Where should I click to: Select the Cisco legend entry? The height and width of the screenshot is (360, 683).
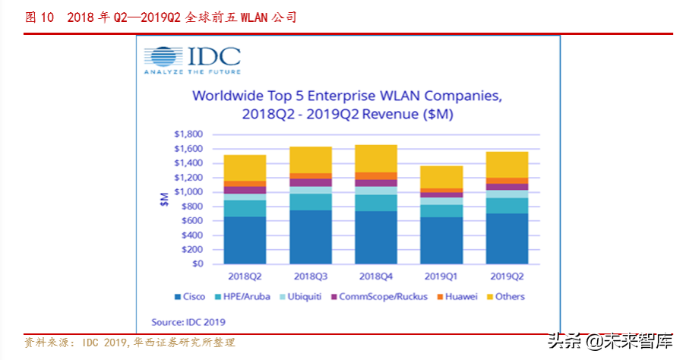(190, 296)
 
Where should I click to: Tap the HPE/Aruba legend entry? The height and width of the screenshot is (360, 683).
(243, 296)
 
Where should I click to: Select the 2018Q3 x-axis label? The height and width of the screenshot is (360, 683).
(310, 275)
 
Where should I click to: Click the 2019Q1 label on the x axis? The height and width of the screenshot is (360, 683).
(441, 275)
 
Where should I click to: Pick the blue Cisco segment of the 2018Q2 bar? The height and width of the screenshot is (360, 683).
(245, 240)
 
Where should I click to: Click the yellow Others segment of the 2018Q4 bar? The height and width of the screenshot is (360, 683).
(375, 159)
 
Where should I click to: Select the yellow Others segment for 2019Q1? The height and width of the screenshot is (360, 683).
(441, 177)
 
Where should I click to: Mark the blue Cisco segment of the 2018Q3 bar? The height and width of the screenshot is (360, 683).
(310, 237)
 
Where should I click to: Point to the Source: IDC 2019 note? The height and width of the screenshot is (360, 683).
(188, 321)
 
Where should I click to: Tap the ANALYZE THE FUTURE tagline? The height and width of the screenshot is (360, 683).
(192, 71)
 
